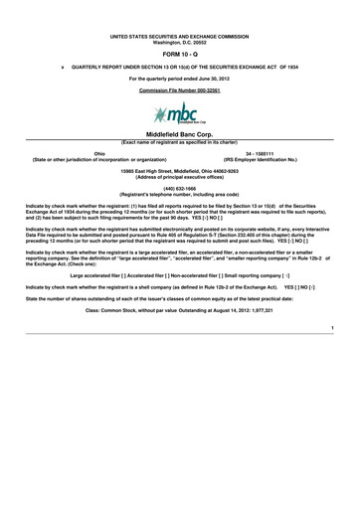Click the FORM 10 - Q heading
pos(180,56)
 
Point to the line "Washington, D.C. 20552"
pos(180,44)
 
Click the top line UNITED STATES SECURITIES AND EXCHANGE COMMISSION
pos(180,38)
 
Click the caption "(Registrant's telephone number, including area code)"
pos(180,195)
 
